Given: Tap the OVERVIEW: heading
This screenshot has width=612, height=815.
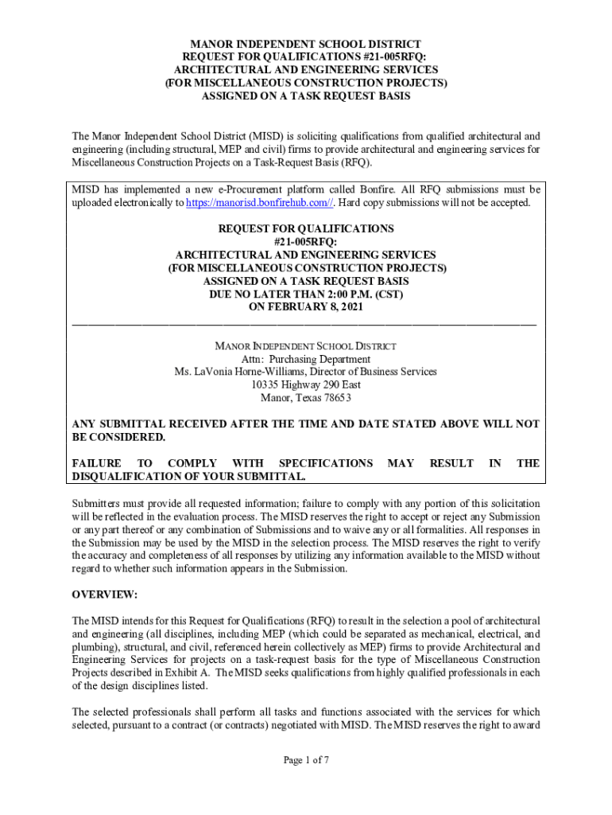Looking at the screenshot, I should (x=105, y=595).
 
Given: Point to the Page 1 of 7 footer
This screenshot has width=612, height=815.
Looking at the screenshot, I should (x=306, y=760).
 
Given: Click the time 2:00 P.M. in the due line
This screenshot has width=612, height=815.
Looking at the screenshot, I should (x=354, y=294).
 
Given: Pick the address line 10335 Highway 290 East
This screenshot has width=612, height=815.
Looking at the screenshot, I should (x=306, y=384).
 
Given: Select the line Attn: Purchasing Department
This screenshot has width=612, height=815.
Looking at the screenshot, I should (x=306, y=359).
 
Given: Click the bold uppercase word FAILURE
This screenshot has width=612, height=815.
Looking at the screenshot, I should (x=96, y=463).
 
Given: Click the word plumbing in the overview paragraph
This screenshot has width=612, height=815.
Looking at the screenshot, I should (x=93, y=647).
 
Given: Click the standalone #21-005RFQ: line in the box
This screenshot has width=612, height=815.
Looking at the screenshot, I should (x=306, y=242).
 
